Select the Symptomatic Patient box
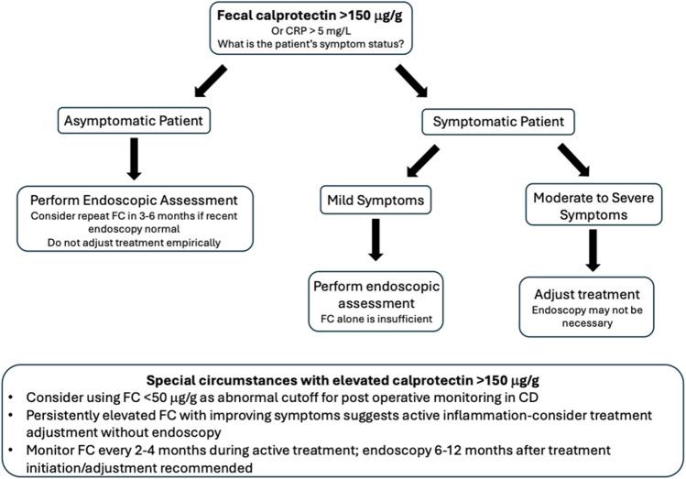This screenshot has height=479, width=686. pyautogui.click(x=492, y=119)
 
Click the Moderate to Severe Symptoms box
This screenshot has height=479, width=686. pyautogui.click(x=593, y=206)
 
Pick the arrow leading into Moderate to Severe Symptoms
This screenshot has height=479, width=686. pyautogui.click(x=562, y=158)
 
